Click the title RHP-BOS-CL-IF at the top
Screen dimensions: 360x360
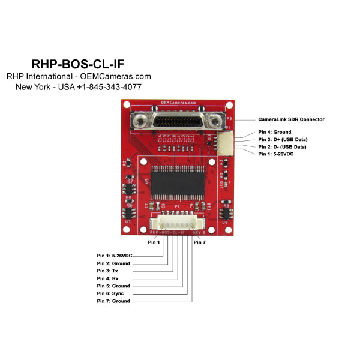click(78, 64)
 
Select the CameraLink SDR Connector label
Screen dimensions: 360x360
click(291, 119)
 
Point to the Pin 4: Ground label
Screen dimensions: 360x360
click(274, 132)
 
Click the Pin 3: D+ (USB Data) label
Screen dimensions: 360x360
click(282, 139)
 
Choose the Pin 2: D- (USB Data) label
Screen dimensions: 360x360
click(282, 146)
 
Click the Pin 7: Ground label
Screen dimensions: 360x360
click(113, 301)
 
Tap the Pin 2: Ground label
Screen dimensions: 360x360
click(113, 263)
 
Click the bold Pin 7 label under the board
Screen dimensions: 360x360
click(199, 242)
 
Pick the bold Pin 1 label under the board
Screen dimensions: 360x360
click(154, 242)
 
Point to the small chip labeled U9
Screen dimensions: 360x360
click(226, 214)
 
